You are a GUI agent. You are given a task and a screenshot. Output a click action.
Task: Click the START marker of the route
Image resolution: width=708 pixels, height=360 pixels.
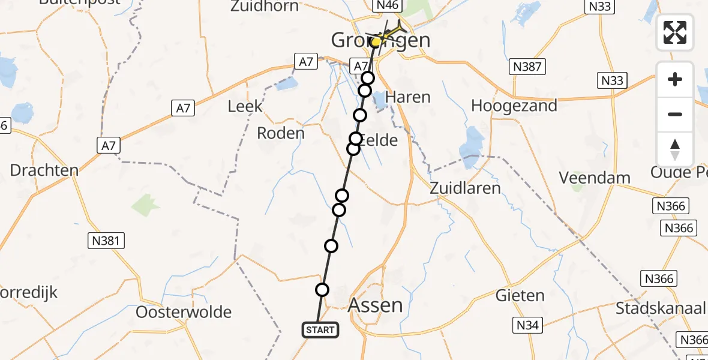point(320,329)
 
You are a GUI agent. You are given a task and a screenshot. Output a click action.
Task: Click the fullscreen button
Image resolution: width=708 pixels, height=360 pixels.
point(675,32)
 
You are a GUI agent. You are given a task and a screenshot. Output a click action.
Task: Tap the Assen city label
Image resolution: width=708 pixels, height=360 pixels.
point(376,305)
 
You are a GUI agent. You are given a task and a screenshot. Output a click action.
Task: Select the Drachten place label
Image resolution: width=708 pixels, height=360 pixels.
point(44,170)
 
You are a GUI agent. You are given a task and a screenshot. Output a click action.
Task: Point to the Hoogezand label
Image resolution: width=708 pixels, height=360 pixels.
point(514,106)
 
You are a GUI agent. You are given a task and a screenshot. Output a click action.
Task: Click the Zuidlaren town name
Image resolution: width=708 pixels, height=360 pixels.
point(466,188)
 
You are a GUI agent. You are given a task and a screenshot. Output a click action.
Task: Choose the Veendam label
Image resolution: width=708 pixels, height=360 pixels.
point(595,178)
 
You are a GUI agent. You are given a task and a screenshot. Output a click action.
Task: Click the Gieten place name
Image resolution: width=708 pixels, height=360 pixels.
point(520,295)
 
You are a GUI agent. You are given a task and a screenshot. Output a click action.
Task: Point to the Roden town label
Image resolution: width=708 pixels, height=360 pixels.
point(281,133)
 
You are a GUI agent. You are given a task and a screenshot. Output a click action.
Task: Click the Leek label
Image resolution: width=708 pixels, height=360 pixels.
point(245,107)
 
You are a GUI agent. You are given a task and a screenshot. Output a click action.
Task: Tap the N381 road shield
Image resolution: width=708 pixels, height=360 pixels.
point(106,241)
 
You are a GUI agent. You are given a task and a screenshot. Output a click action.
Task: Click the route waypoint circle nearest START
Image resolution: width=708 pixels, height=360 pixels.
point(322,290)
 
